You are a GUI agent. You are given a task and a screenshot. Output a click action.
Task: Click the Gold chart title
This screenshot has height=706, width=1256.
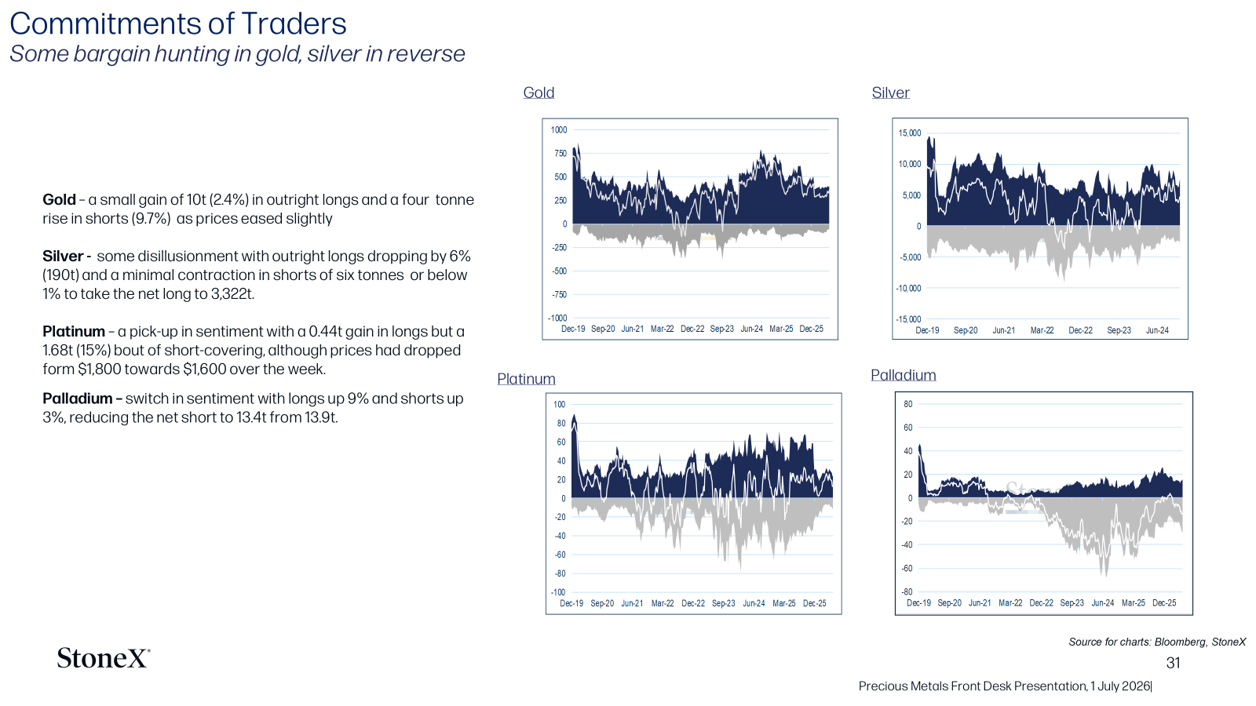coord(539,93)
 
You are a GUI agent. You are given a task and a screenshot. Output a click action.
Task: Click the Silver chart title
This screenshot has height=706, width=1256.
coord(890,93)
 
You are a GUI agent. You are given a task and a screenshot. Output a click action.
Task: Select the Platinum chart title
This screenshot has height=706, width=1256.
coord(526,379)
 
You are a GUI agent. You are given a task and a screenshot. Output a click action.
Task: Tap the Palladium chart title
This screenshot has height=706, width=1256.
coord(904,375)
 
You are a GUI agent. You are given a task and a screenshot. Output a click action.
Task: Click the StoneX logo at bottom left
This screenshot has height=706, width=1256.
coord(104,658)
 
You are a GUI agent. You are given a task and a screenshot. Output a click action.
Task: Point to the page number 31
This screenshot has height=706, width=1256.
coord(1173,663)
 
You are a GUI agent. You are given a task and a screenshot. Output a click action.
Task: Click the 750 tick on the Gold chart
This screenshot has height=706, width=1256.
coord(560,153)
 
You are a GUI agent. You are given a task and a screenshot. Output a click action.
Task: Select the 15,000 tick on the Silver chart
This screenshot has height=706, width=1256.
coord(910,133)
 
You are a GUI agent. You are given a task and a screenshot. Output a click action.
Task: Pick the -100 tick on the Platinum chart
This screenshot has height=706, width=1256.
coord(558,591)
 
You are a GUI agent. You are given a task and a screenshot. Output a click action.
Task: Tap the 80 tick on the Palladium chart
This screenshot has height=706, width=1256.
coord(907,404)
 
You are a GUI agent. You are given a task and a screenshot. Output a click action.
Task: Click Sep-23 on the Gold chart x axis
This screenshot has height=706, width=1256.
coord(721,329)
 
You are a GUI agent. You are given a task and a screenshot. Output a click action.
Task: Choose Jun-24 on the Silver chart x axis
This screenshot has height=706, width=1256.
coord(1157,330)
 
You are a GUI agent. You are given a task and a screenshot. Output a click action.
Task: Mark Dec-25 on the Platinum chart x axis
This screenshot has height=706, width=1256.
coord(814,603)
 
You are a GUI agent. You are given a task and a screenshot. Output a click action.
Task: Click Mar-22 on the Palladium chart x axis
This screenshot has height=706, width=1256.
coord(1010,603)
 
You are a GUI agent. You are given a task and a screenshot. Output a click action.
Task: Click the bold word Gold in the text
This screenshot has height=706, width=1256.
coord(59,200)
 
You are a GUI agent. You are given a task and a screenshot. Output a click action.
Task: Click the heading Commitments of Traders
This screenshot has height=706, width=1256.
coord(178,24)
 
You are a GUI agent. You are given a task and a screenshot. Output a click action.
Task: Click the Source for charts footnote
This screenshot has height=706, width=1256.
coord(1157,642)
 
